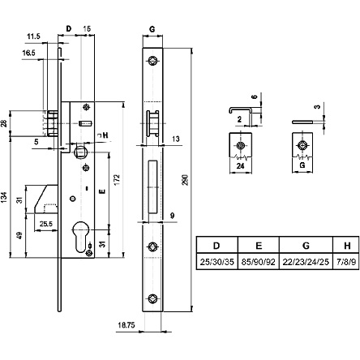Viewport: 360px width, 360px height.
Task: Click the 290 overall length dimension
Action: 185,180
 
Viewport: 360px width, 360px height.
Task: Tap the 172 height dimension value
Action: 117,180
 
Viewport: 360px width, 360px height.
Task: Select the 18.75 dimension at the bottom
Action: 126,325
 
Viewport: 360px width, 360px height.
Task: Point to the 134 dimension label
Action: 4,198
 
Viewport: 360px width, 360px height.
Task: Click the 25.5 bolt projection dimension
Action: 46,224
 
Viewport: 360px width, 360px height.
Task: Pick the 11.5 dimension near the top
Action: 33,36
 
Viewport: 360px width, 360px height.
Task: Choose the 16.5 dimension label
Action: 28,53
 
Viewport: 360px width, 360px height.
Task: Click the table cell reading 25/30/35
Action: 216,262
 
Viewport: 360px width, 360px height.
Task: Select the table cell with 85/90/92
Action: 259,262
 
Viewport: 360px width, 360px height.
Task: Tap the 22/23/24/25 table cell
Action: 306,262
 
